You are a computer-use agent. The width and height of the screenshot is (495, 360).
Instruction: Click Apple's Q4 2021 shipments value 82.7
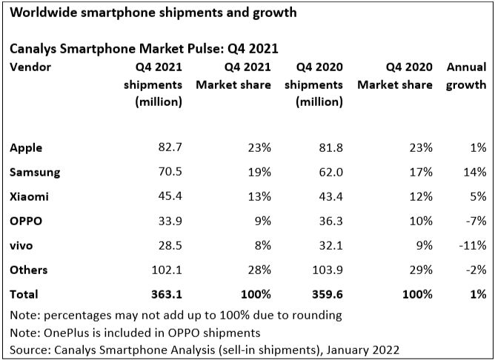coord(167,148)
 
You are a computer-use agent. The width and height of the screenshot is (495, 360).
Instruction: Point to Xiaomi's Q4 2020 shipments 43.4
coord(328,196)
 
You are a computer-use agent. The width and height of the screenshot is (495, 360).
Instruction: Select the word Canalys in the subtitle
coord(34,50)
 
